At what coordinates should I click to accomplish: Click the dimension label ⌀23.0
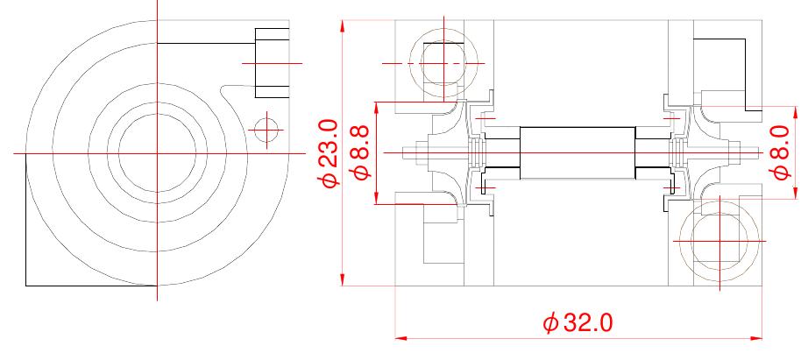pyautogui.click(x=329, y=153)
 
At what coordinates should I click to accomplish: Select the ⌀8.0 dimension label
pyautogui.click(x=782, y=153)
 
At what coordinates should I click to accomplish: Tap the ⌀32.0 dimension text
pyautogui.click(x=578, y=323)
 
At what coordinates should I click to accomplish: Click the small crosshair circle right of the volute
pyautogui.click(x=266, y=130)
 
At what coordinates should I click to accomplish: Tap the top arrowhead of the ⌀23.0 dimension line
pyautogui.click(x=342, y=26)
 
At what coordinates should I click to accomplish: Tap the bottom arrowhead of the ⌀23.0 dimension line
pyautogui.click(x=342, y=279)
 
